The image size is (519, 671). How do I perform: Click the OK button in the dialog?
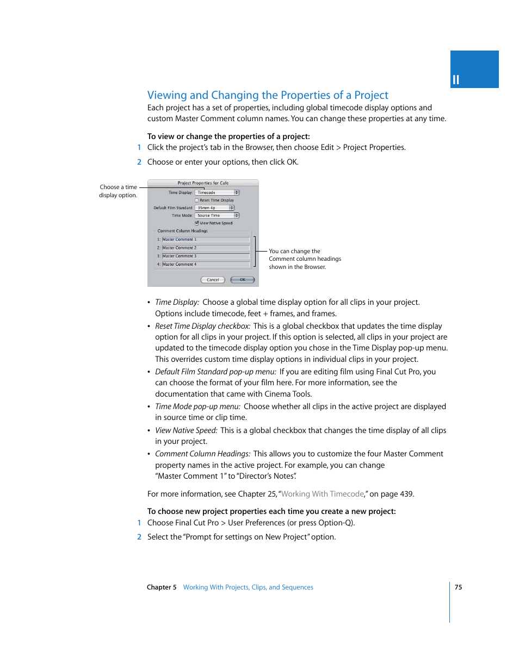click(x=242, y=280)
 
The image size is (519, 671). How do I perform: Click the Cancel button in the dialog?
click(x=213, y=280)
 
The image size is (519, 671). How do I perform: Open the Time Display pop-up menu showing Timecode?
click(x=217, y=192)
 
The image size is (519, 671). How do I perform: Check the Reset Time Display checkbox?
click(x=197, y=200)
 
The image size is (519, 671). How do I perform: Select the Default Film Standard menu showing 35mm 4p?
click(x=215, y=208)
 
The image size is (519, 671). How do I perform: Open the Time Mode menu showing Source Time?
click(x=217, y=216)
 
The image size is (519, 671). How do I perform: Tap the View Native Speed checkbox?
click(x=197, y=223)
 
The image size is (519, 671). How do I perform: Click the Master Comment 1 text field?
click(x=206, y=240)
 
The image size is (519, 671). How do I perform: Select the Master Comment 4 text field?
click(x=206, y=265)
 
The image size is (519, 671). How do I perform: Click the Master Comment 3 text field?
click(x=206, y=256)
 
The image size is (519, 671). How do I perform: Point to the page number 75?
click(x=458, y=587)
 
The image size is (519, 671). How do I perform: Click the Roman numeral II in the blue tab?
click(x=456, y=80)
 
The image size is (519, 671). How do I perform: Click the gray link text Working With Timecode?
click(x=323, y=494)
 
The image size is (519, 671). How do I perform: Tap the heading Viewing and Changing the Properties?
click(x=268, y=95)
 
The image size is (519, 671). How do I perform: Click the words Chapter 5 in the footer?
click(x=162, y=587)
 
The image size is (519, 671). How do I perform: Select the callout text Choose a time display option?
click(x=118, y=191)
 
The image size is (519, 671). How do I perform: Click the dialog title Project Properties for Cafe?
click(x=203, y=183)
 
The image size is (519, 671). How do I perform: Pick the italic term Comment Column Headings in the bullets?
click(x=202, y=454)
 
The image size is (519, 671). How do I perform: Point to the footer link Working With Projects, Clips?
click(x=248, y=587)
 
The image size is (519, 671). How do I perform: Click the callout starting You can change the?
click(x=305, y=259)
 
